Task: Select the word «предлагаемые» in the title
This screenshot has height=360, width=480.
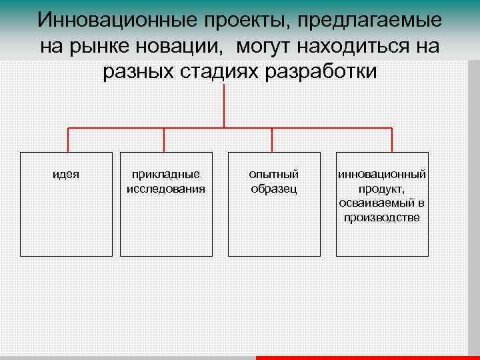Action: (364, 20)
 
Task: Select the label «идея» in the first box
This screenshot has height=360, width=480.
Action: (66, 174)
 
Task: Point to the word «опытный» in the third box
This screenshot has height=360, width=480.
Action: (274, 174)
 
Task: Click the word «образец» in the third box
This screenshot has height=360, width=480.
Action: (274, 188)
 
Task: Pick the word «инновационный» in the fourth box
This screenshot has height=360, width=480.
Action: (382, 174)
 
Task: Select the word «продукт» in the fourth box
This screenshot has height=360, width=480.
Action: (382, 188)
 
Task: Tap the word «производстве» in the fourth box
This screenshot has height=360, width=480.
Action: (382, 217)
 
